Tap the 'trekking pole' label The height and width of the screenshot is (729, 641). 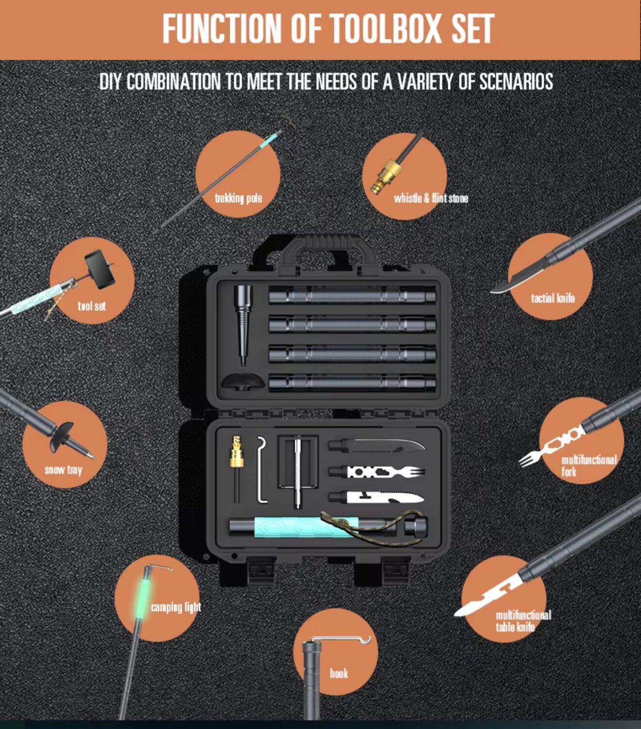(238, 198)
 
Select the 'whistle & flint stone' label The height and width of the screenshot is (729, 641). (431, 198)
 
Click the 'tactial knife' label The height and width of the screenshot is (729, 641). (553, 298)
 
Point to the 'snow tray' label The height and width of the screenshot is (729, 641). (64, 470)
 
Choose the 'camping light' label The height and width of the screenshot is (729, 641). (176, 607)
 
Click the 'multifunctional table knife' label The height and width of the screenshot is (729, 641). (523, 621)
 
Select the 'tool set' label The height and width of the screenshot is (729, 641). (92, 306)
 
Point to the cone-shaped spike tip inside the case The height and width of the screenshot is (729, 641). (243, 324)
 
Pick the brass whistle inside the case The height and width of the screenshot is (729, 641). (236, 452)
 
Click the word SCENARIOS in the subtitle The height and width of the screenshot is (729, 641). (516, 81)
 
